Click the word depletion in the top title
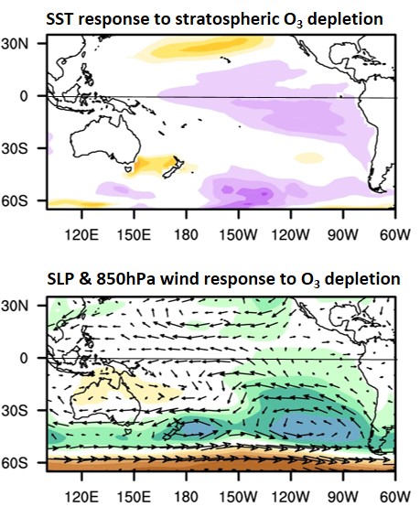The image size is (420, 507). pyautogui.click(x=353, y=16)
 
